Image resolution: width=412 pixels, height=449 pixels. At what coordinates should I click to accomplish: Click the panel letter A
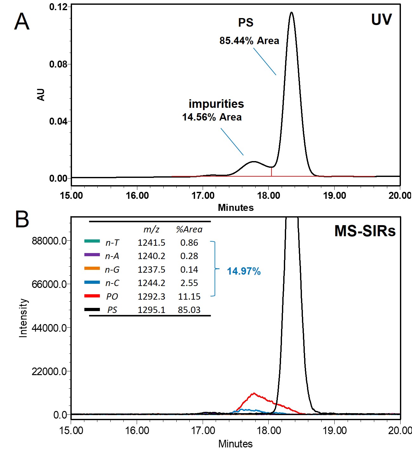click(x=22, y=22)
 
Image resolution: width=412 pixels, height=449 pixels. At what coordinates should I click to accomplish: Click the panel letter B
click(x=22, y=219)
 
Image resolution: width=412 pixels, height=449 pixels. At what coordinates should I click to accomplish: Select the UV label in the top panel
click(x=381, y=20)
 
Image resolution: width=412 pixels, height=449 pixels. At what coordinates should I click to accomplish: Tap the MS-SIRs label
click(x=365, y=231)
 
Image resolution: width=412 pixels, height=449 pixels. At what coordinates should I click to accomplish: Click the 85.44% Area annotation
click(x=249, y=41)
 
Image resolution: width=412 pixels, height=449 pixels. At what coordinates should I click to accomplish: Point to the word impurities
click(x=216, y=104)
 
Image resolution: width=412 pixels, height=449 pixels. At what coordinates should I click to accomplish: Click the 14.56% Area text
click(x=212, y=117)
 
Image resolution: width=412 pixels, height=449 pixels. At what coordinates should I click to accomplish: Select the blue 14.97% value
click(x=244, y=271)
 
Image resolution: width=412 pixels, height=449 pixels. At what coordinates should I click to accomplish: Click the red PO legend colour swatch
click(x=92, y=296)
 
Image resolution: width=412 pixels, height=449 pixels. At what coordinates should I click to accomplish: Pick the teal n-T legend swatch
click(x=92, y=241)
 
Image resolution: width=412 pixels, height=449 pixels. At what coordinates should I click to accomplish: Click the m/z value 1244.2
click(x=151, y=283)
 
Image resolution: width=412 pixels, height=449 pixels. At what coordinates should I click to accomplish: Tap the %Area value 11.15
click(x=189, y=296)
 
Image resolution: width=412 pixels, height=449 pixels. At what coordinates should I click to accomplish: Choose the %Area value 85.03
click(x=189, y=310)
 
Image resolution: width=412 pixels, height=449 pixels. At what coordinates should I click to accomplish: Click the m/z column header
click(x=151, y=229)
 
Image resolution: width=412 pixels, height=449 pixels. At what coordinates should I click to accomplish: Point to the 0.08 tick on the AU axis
click(x=58, y=64)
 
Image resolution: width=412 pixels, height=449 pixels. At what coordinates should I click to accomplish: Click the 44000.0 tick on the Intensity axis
click(x=49, y=328)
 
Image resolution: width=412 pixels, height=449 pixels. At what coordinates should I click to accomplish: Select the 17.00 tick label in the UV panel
click(x=203, y=196)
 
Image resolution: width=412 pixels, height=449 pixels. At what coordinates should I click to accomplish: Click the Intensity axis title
click(x=23, y=318)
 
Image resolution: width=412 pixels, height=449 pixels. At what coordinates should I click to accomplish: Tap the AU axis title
click(x=41, y=95)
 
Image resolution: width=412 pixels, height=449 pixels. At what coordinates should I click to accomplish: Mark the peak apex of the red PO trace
click(x=253, y=394)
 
